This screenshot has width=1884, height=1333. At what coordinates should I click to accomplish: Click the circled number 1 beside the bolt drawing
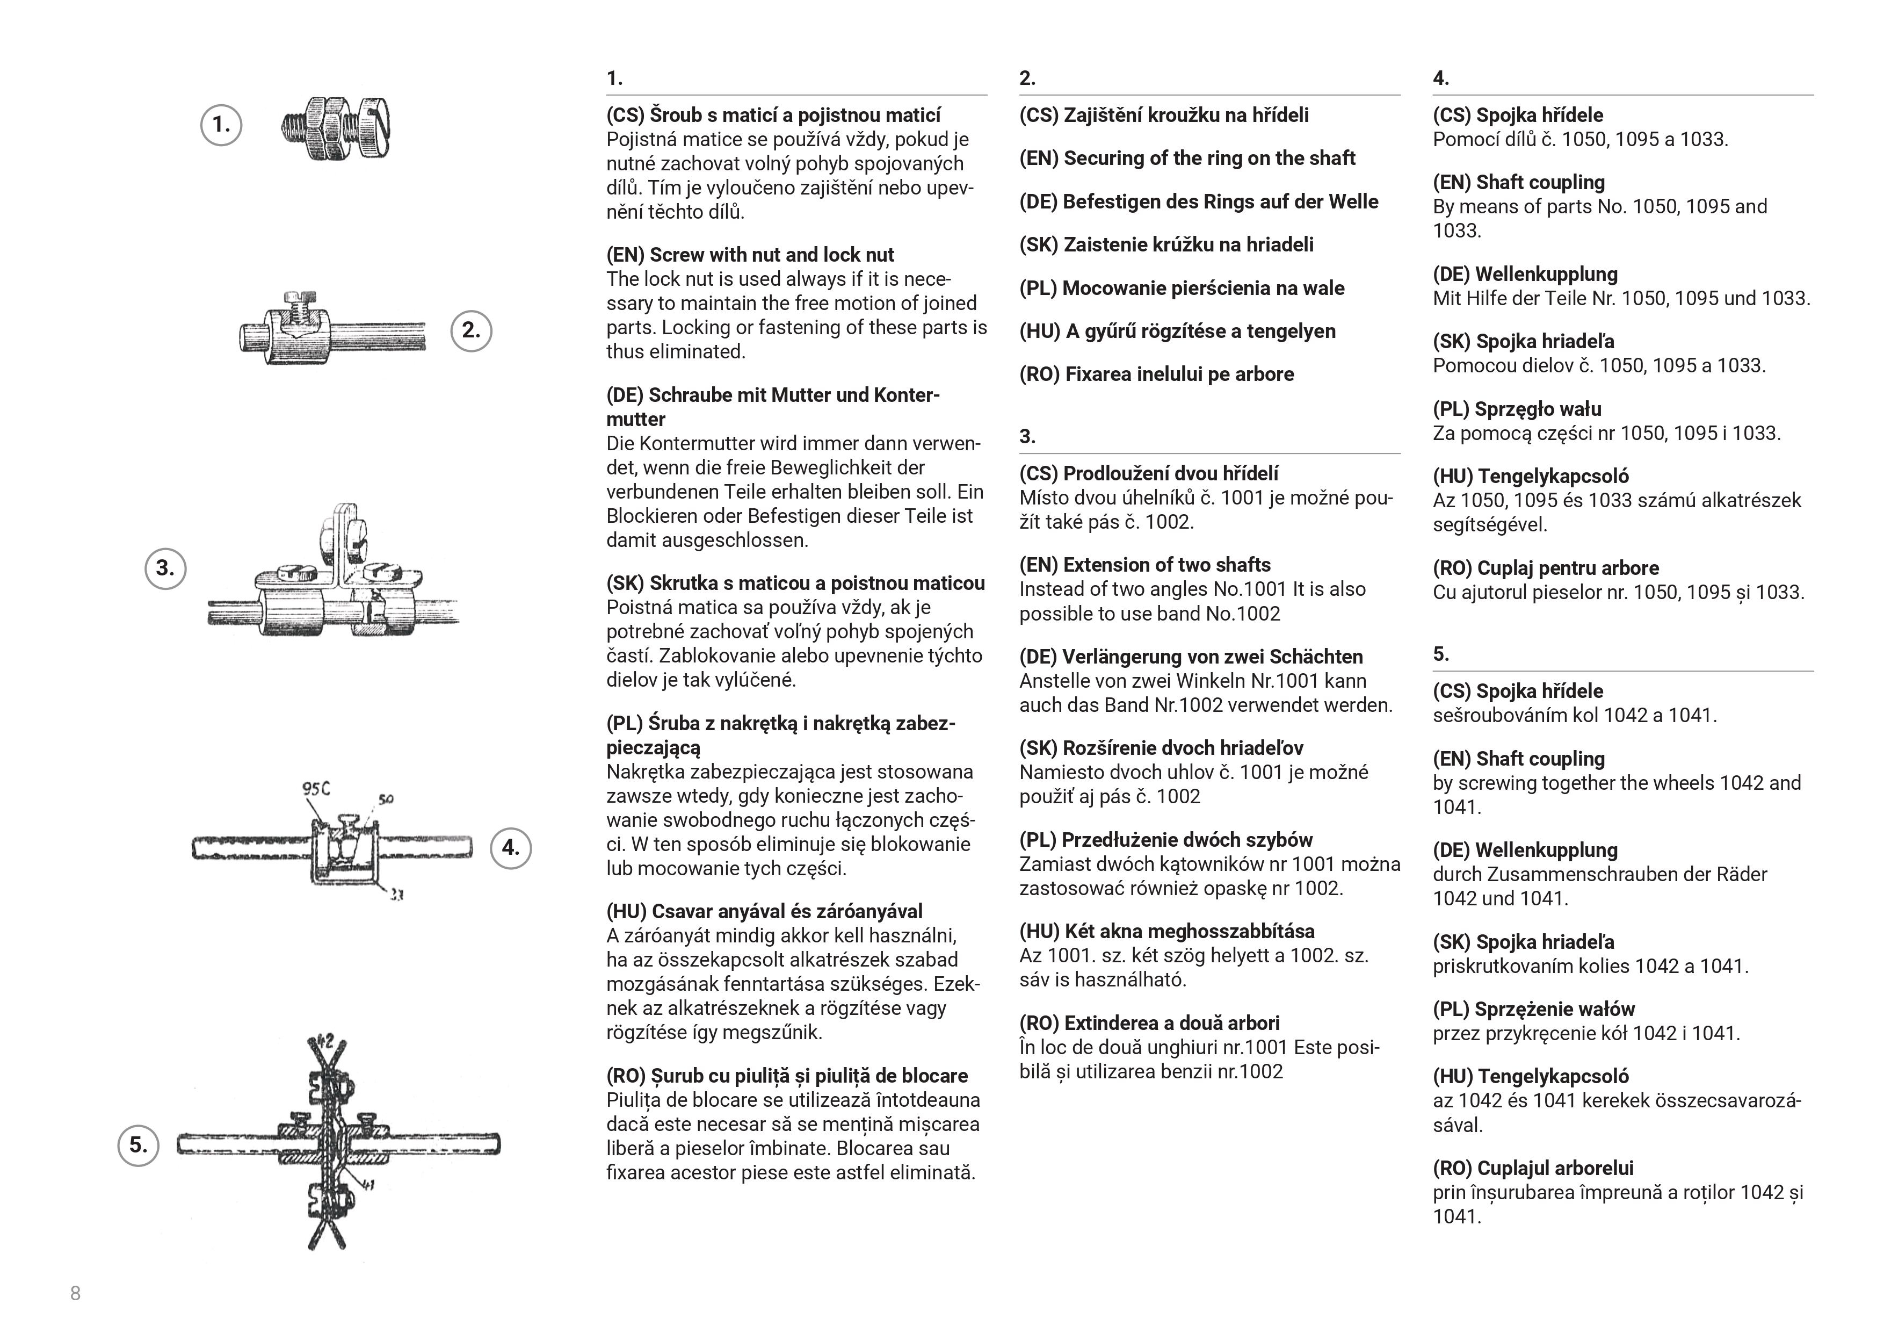click(221, 126)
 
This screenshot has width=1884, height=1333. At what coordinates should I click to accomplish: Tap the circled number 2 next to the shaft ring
click(471, 331)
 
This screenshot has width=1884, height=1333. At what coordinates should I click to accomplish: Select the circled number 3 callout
click(165, 568)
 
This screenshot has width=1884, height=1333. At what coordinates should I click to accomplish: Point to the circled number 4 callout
click(510, 848)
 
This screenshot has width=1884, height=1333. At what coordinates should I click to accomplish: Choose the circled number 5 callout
click(138, 1145)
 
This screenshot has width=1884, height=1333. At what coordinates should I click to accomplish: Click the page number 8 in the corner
click(76, 1294)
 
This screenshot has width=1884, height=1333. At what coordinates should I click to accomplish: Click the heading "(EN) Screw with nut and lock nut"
click(750, 255)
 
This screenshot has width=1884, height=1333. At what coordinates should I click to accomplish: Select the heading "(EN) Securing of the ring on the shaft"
click(1186, 158)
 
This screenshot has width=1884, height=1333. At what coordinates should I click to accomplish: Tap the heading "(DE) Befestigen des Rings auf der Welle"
click(1198, 202)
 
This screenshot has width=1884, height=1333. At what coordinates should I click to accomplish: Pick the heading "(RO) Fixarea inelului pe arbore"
click(1156, 374)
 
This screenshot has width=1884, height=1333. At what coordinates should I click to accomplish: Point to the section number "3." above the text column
click(1027, 437)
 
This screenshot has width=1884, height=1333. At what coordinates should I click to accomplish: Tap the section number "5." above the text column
click(1441, 654)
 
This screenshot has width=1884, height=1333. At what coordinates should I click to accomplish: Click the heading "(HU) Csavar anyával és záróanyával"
click(764, 911)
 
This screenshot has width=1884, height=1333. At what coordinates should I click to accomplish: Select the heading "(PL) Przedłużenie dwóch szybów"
click(1165, 840)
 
